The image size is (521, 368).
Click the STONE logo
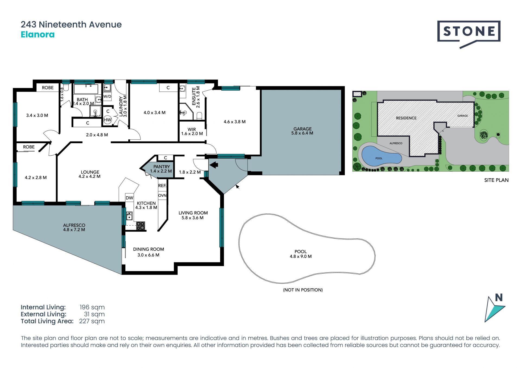[469, 32]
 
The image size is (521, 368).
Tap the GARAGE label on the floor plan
[302, 129]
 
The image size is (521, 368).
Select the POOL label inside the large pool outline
[300, 251]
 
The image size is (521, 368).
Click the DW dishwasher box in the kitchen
[129, 197]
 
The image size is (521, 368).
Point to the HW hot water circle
[108, 120]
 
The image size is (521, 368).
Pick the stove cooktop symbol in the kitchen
[141, 226]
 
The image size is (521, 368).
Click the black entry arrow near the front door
[214, 165]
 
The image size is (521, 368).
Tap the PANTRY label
[161, 167]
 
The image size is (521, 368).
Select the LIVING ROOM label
[193, 213]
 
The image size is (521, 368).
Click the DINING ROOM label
[148, 249]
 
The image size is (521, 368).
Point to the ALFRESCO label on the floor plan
[74, 225]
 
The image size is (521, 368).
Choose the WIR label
[192, 129]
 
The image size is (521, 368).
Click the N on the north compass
[499, 297]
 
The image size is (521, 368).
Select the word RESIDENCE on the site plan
[406, 118]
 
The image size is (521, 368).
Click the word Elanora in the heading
[38, 34]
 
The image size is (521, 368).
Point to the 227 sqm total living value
[92, 321]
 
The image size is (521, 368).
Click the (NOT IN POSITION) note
[303, 290]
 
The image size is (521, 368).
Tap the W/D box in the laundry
[107, 96]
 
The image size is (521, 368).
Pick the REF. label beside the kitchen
[162, 185]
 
